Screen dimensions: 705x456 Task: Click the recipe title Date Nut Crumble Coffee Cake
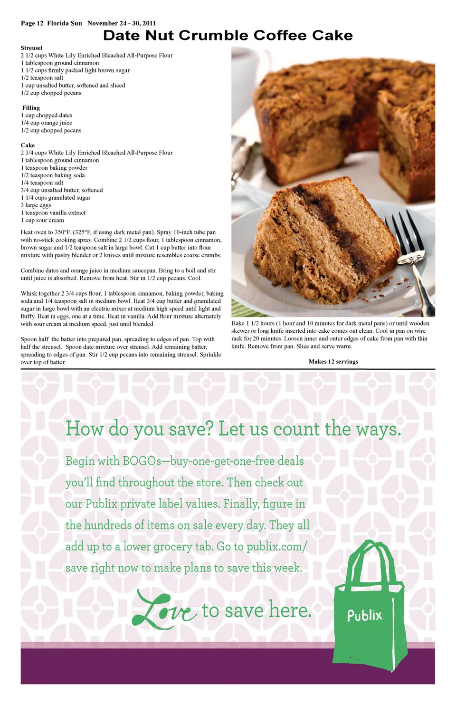tap(228, 36)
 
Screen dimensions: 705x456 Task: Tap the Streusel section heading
tap(31, 48)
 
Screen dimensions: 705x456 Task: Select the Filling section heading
tap(31, 108)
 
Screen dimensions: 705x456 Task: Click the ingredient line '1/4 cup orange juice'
tap(47, 123)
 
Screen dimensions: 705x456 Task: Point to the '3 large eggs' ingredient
tap(36, 205)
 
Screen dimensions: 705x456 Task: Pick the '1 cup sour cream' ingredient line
tap(42, 221)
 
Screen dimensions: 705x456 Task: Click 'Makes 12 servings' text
tap(333, 362)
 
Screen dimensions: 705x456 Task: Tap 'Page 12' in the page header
tap(32, 23)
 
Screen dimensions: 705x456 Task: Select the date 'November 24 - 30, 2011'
tap(122, 23)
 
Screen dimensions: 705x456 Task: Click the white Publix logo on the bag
tap(364, 616)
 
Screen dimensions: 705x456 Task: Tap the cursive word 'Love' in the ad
tap(164, 609)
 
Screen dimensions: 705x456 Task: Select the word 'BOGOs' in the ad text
tap(142, 461)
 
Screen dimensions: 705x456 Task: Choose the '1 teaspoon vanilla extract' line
tap(53, 213)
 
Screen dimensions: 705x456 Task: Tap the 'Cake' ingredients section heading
tap(28, 145)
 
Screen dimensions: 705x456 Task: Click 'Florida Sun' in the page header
tap(65, 23)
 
